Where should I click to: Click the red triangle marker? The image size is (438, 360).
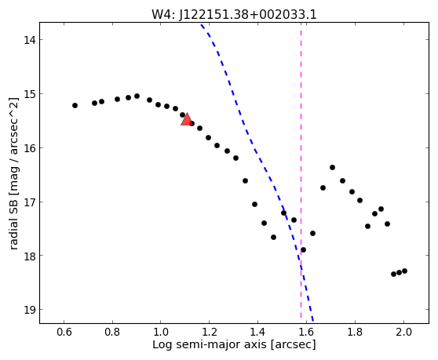(186, 119)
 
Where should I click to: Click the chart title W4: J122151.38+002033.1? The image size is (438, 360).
(234, 15)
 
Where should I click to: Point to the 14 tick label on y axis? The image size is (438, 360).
(30, 40)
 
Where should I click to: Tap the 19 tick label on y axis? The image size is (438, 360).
(30, 310)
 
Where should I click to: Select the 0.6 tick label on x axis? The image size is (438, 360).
(64, 332)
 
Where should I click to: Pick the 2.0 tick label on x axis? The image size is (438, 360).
(403, 332)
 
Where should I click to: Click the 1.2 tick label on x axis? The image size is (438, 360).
(210, 332)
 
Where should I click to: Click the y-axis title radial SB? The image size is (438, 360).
(13, 221)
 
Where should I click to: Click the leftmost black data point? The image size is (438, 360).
(75, 105)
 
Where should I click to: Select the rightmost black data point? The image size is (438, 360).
(404, 271)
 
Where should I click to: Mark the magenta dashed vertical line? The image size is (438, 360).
(301, 170)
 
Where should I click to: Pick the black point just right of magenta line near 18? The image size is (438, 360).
(303, 249)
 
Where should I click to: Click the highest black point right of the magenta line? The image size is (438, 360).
(332, 167)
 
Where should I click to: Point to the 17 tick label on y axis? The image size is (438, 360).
(30, 202)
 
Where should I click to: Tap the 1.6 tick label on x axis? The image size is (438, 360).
(306, 332)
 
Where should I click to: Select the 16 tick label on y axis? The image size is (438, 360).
(30, 148)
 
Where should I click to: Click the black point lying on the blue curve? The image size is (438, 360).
(284, 213)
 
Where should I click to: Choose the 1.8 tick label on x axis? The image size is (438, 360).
(355, 332)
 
